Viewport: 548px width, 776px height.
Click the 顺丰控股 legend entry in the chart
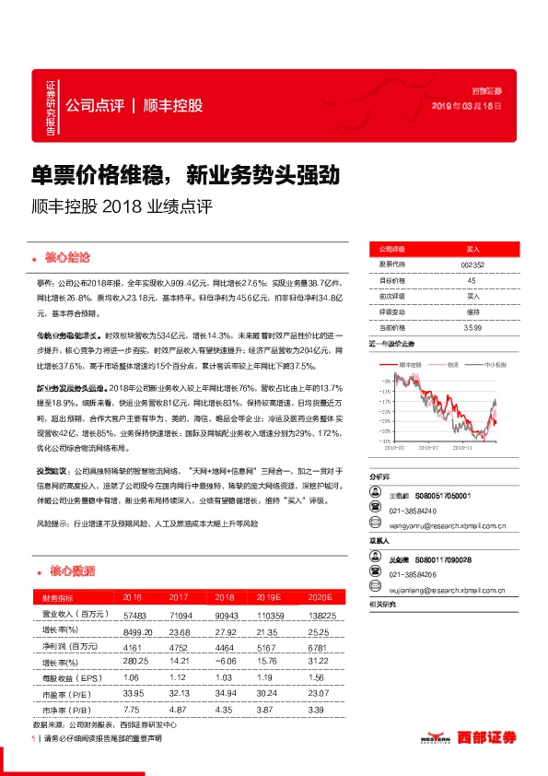(x=414, y=365)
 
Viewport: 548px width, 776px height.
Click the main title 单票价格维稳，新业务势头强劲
(x=186, y=173)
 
